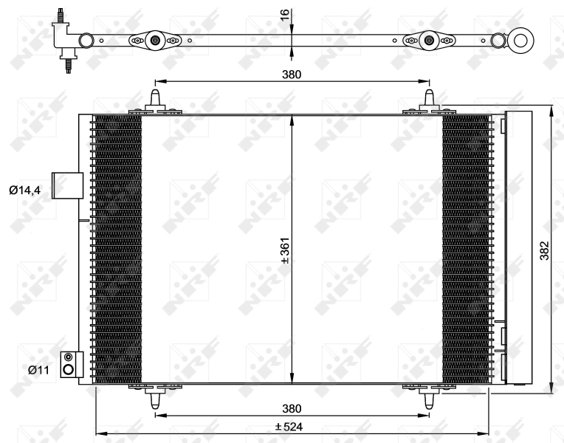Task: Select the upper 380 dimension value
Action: [292, 74]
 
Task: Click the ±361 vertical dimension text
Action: [284, 251]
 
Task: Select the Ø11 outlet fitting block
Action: [69, 364]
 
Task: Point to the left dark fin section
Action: [117, 249]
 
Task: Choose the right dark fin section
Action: [465, 249]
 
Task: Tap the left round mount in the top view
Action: [155, 41]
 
